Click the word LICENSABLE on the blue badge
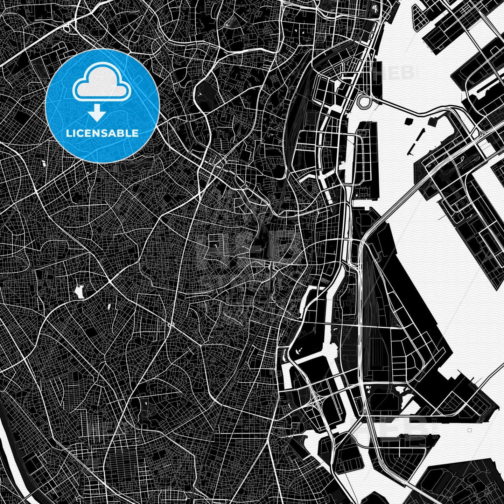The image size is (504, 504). [102, 133]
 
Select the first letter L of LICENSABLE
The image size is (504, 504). [68, 133]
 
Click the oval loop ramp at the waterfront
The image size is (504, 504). [365, 101]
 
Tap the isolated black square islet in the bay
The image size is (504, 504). [409, 121]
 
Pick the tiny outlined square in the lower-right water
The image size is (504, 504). [470, 430]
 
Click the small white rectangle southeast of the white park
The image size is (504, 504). [109, 307]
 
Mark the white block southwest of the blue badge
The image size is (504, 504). [44, 164]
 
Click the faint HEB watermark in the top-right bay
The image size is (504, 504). [395, 72]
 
